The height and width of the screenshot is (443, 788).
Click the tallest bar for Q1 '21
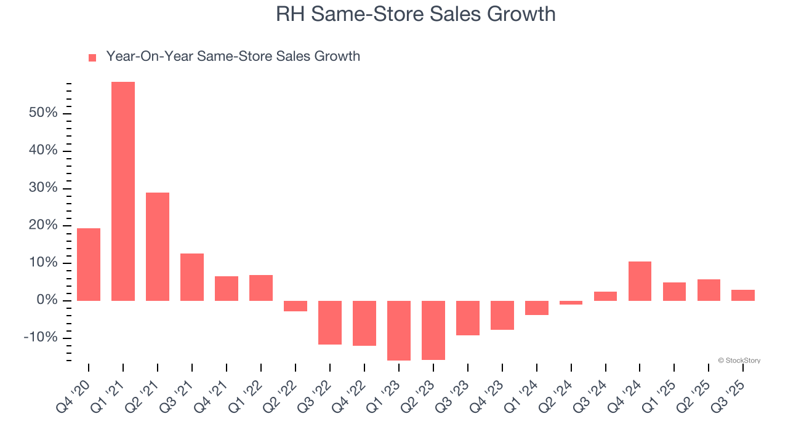coord(123,191)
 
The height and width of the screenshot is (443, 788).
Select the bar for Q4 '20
coord(89,265)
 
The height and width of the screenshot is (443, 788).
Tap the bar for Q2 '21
coord(158,246)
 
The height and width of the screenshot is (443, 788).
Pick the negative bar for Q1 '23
coord(399,330)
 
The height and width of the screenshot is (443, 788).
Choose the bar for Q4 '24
coord(640,281)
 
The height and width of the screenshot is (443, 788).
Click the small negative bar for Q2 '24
coord(571,303)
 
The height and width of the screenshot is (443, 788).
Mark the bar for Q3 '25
coord(743,295)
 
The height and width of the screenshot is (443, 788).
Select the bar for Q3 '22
coord(330,322)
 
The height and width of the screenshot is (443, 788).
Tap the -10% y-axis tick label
coord(41,338)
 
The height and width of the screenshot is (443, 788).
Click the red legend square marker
coord(92,58)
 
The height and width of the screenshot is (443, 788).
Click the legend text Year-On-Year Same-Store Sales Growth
coord(233,57)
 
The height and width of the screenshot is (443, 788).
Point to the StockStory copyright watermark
coord(739,361)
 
